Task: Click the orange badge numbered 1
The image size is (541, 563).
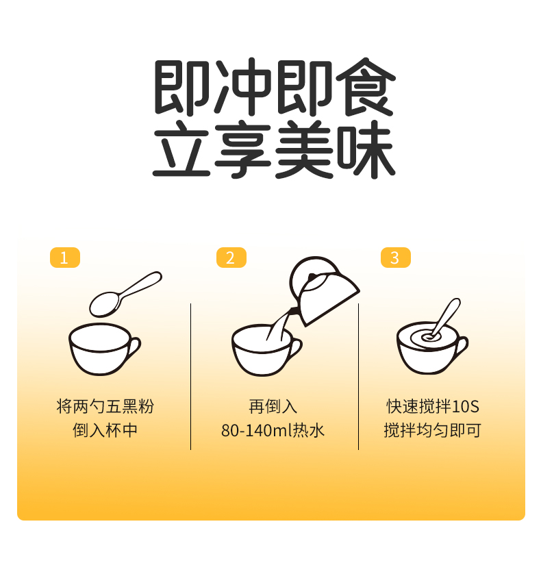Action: coord(65,258)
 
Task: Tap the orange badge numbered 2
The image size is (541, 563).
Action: coord(231,258)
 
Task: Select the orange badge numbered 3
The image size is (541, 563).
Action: coord(396,258)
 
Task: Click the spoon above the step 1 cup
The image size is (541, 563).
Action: coord(125,295)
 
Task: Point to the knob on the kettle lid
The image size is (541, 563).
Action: coord(312,277)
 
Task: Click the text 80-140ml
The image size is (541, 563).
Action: coord(257,430)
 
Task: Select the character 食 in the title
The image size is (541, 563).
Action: coord(366,87)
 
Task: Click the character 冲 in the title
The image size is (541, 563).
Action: coord(244,87)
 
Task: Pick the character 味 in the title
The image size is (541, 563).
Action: coord(366,149)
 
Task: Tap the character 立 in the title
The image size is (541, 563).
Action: coord(181,149)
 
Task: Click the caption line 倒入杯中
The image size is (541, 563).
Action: coord(105,430)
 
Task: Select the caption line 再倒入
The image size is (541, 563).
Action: coord(273,406)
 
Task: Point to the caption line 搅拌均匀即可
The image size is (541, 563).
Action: coord(432,430)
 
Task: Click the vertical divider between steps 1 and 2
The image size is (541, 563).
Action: coord(190,377)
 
